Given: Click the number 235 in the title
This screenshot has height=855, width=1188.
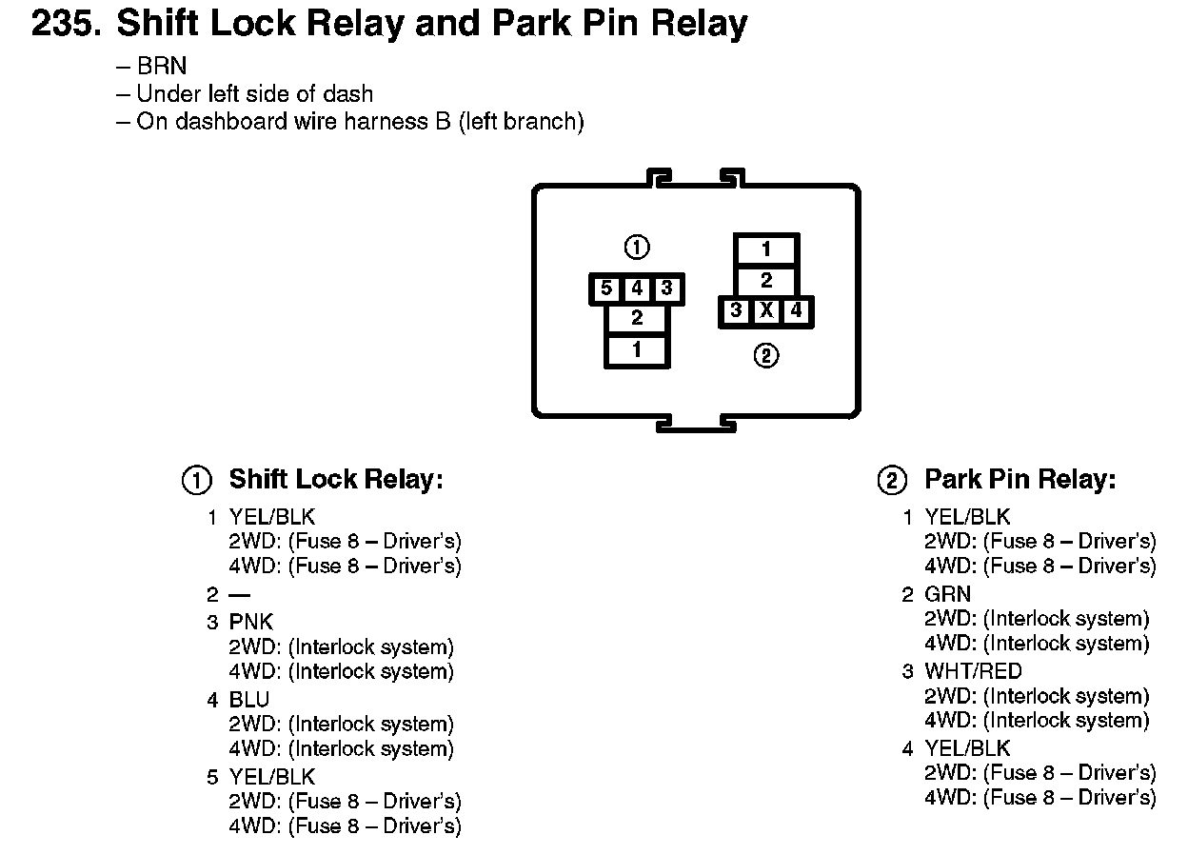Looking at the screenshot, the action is [x=66, y=24].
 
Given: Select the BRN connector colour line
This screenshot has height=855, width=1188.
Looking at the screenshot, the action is [x=151, y=67].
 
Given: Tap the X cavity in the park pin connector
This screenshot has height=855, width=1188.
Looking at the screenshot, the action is [x=766, y=310].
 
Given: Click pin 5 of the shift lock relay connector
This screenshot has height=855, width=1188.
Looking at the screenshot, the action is [x=606, y=288].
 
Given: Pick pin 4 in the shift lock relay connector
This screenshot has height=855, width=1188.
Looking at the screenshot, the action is [x=637, y=288].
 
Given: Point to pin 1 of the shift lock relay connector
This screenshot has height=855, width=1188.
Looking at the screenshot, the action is [x=637, y=350].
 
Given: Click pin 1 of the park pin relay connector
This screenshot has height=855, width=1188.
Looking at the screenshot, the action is [x=766, y=249].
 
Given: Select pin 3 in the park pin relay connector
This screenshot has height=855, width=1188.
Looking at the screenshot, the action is [x=736, y=310].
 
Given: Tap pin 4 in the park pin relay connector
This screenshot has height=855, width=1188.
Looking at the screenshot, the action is [x=796, y=310].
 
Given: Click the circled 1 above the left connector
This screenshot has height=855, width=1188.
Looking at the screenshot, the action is [x=637, y=248].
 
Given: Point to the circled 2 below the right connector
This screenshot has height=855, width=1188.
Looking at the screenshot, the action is [x=766, y=355].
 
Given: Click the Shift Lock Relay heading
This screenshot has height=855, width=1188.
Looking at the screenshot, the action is [x=336, y=479].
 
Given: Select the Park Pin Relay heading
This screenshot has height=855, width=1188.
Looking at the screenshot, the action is [x=1020, y=479].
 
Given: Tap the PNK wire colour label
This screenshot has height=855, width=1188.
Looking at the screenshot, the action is [x=251, y=622].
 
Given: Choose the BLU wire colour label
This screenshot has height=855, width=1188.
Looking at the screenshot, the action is [x=248, y=700].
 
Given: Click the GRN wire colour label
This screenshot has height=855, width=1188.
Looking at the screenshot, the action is [x=947, y=594].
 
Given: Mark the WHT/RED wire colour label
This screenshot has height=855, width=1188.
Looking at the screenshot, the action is [x=973, y=671].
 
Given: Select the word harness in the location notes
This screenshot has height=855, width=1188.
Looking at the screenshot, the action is [x=386, y=121].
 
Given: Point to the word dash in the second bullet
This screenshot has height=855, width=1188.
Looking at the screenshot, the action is [x=347, y=94].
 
